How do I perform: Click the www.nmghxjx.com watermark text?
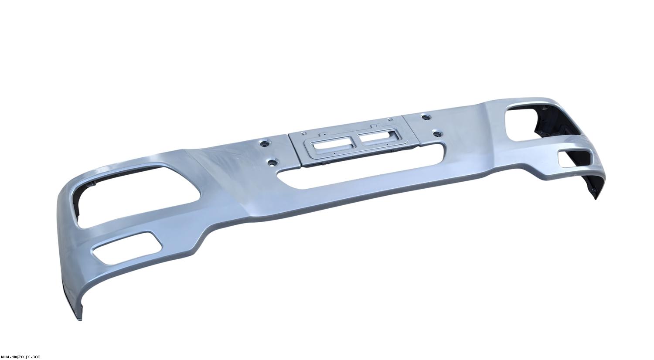pyautogui.click(x=20, y=357)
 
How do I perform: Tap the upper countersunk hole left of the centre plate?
pyautogui.click(x=266, y=143)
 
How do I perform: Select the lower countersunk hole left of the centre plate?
pyautogui.click(x=272, y=162)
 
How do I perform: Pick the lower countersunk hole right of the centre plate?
pyautogui.click(x=437, y=134)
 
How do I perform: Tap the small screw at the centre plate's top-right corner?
pyautogui.click(x=389, y=119)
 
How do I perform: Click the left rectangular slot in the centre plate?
pyautogui.click(x=331, y=145)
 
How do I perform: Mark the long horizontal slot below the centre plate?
pyautogui.click(x=360, y=168)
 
